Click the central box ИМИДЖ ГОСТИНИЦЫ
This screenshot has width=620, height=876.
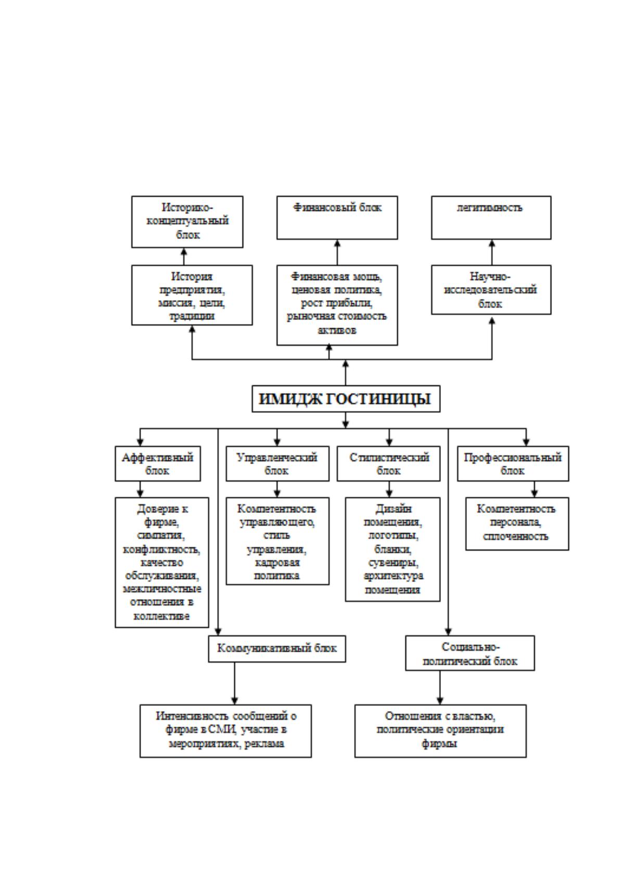[346, 398]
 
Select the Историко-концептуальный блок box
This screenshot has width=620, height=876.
[187, 222]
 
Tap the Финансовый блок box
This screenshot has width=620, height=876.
[337, 217]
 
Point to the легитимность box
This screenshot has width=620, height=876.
[491, 217]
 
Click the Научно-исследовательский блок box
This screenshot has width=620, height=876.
[491, 290]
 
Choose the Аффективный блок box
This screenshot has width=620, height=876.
[158, 463]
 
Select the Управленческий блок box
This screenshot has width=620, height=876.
[277, 463]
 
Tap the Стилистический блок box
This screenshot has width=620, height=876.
[389, 463]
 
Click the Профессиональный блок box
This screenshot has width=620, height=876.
[513, 463]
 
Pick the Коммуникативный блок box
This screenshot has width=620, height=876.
[277, 649]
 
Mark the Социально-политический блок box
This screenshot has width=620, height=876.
[470, 653]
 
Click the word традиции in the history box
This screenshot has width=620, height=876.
[192, 316]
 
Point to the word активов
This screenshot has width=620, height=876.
[337, 330]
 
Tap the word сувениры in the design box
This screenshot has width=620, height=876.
[393, 563]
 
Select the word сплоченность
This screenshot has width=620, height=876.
[515, 536]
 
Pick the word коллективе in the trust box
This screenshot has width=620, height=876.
[162, 616]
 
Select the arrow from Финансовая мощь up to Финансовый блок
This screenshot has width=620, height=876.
[337, 252]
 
